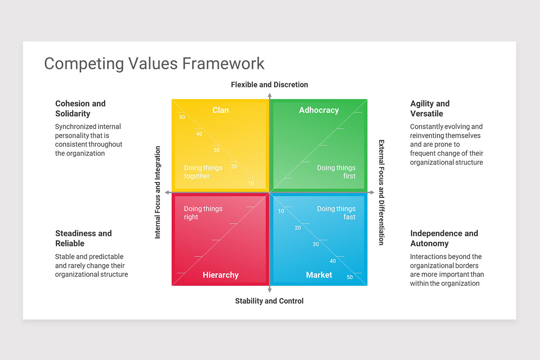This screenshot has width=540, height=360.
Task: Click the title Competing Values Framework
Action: point(154,63)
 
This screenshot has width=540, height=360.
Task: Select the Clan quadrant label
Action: point(220,110)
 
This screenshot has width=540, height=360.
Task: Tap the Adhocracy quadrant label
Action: point(319,110)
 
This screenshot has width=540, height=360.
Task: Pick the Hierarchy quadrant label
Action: point(220,275)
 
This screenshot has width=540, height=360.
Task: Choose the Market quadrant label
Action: point(319,275)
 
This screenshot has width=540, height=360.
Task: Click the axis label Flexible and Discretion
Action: point(269,85)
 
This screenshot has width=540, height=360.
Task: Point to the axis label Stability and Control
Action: point(269,301)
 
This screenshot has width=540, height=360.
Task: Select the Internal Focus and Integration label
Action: point(158,192)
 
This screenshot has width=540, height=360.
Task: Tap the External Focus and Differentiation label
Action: point(381,192)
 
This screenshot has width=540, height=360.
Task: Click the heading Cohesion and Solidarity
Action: point(81,108)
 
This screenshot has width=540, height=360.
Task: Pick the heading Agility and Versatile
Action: point(430,108)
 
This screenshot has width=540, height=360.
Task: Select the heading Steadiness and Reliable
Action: point(83,238)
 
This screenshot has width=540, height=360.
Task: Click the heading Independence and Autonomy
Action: point(444,238)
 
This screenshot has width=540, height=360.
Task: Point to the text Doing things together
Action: point(203,172)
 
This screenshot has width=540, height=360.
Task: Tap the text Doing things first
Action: point(336,172)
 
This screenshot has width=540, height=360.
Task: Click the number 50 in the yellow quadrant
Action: point(182,117)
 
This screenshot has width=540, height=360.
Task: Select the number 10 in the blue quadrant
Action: point(281,211)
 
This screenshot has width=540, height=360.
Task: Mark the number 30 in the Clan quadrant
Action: point(216,150)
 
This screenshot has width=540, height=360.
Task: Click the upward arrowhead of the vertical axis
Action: point(270,95)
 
